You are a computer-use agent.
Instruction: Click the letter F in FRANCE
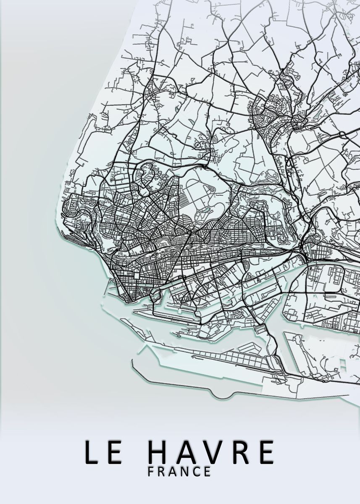click(x=151, y=471)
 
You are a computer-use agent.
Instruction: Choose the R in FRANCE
click(x=162, y=471)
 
